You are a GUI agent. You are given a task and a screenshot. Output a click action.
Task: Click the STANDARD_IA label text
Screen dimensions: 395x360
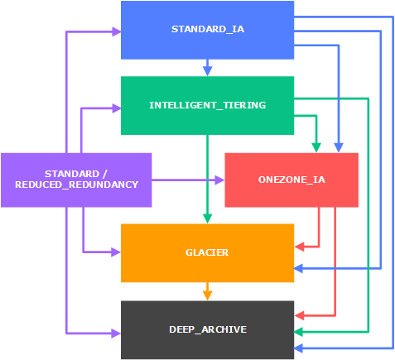click(208, 29)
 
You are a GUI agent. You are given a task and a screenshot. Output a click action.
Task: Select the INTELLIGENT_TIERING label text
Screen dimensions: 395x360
click(208, 105)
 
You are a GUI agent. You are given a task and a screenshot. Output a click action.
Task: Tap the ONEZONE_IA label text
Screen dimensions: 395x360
click(291, 180)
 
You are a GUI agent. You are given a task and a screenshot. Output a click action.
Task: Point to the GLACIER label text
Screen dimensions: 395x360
click(207, 252)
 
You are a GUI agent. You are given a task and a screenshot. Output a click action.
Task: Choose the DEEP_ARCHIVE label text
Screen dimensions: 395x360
click(208, 329)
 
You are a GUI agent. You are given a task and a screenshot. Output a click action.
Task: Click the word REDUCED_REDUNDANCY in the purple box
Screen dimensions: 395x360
click(76, 185)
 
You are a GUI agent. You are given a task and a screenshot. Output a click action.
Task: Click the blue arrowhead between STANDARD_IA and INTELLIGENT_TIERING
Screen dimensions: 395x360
click(208, 71)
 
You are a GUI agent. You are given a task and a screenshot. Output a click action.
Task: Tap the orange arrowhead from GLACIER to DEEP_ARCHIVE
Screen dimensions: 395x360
click(208, 295)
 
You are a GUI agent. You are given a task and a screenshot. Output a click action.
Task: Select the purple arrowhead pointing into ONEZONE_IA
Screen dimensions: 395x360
click(219, 180)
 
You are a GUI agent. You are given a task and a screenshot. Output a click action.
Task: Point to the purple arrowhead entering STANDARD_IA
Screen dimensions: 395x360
click(116, 32)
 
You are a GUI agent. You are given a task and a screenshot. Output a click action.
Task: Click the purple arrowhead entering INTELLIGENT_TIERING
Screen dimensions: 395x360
click(116, 108)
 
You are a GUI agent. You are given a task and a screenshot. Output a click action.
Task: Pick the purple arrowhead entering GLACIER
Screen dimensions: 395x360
click(116, 252)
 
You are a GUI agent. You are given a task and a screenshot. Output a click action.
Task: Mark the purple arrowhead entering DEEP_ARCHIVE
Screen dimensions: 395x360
click(116, 334)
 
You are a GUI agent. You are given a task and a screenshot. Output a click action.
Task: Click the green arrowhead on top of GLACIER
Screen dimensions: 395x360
click(208, 218)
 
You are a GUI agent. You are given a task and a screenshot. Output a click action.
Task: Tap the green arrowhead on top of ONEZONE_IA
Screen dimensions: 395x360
click(316, 148)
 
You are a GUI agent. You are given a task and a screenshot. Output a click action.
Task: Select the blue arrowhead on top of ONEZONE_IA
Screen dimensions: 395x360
click(339, 148)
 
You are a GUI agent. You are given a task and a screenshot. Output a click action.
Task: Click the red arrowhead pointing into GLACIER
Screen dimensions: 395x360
click(299, 247)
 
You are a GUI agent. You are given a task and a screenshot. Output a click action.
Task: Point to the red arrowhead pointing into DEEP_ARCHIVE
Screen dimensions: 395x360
click(299, 315)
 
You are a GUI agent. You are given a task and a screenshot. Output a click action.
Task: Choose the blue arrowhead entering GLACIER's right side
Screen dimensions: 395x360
click(299, 268)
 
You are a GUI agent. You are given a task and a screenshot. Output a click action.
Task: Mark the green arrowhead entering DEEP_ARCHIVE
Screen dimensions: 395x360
click(299, 332)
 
